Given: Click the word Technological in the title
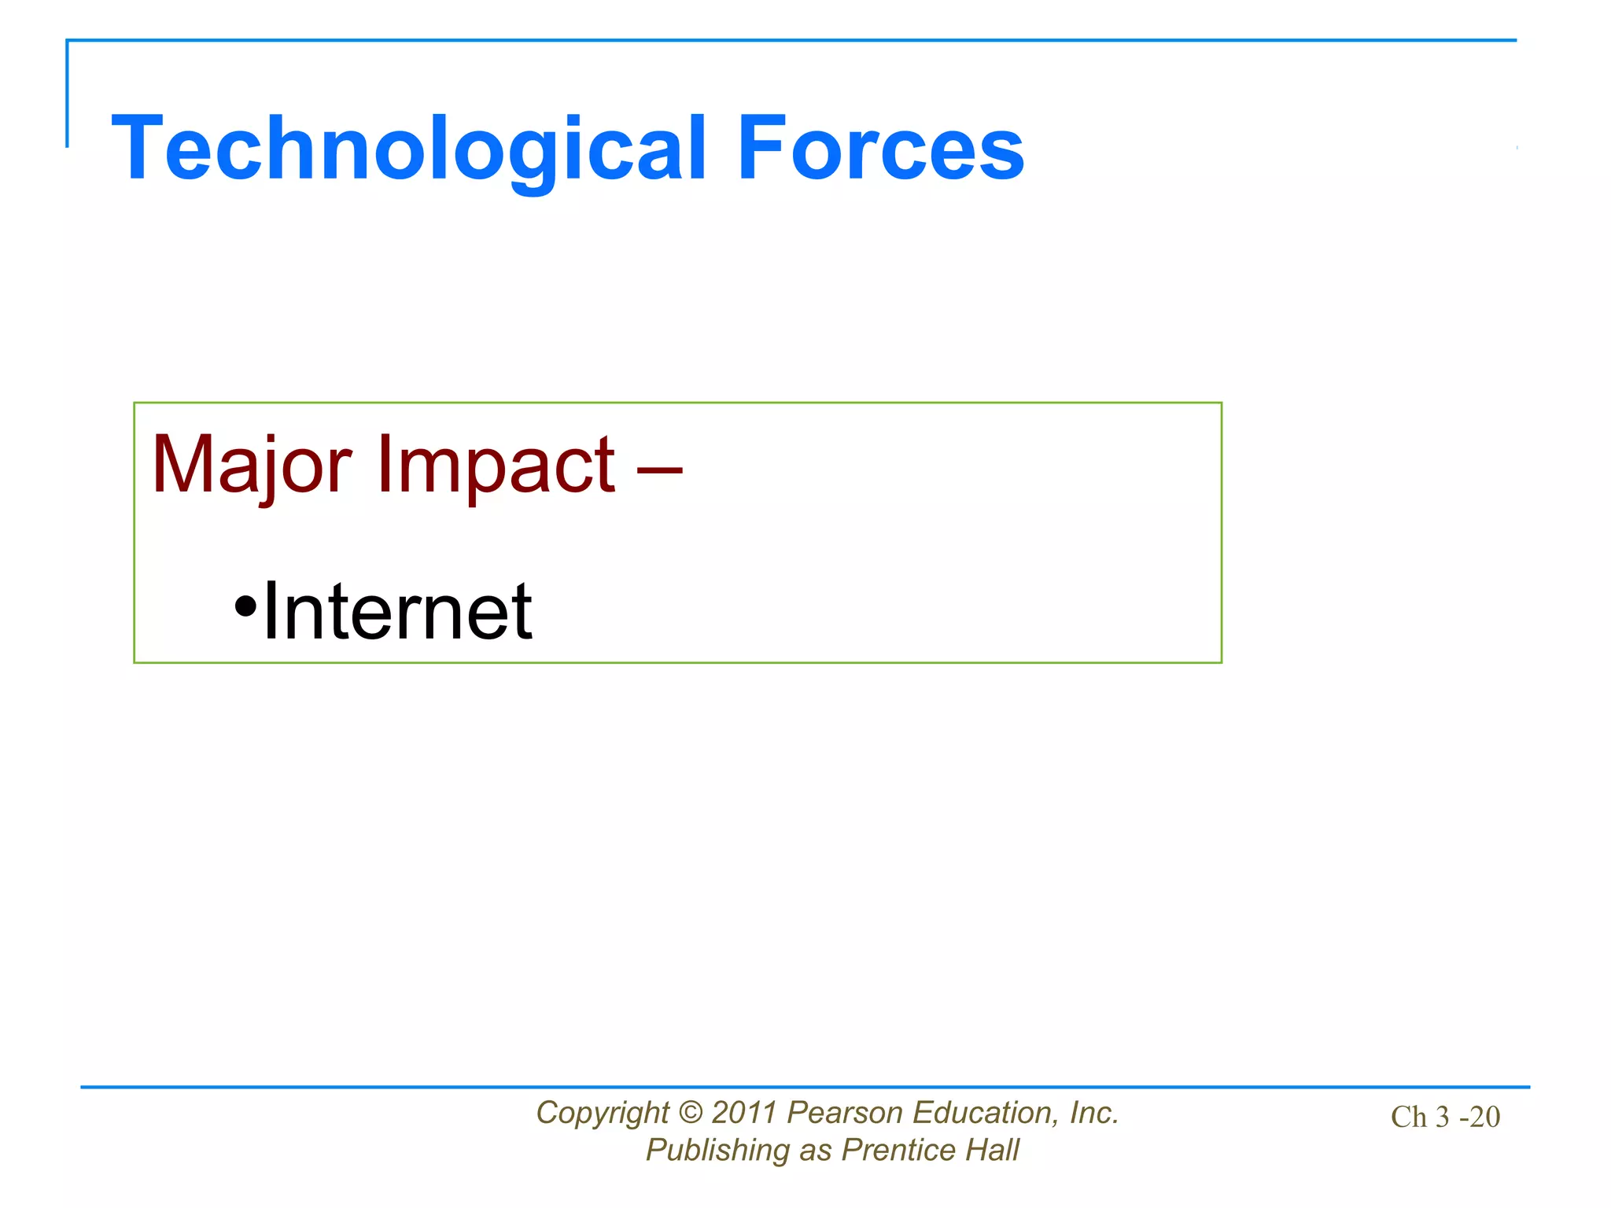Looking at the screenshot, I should coord(409,149).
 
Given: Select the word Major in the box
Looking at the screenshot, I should coord(251,466).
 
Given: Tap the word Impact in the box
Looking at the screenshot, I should coord(496,466).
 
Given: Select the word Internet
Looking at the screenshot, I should coord(397,611).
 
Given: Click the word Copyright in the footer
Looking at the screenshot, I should coord(602,1114).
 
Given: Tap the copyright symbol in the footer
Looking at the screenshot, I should coord(690,1113).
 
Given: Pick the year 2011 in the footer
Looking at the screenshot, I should coord(744,1113).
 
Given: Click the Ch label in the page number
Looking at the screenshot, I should coord(1408,1117).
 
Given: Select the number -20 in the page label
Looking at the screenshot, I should coord(1480,1117).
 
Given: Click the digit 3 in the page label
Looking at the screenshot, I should coord(1442,1117).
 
